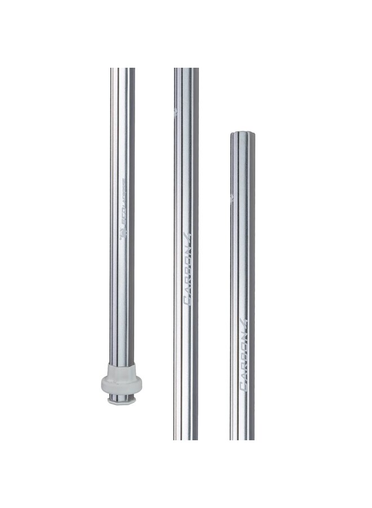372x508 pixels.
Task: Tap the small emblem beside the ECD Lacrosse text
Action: pos(123,233)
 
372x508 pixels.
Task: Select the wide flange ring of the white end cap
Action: pos(122,384)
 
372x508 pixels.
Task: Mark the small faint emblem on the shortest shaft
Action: pos(232,197)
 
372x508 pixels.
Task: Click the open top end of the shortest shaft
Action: pos(243,134)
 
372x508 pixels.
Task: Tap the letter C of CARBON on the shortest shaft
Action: pos(244,386)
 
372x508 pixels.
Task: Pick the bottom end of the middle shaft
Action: pos(186,437)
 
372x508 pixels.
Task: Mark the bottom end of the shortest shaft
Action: pos(242,437)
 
